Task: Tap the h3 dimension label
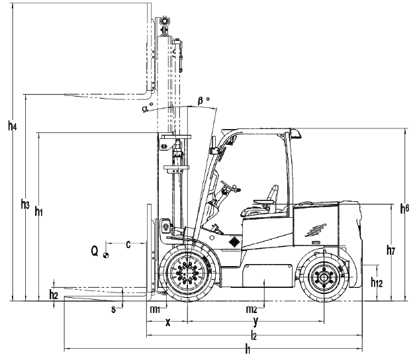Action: tap(26, 204)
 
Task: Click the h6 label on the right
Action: tap(404, 208)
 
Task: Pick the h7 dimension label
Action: tap(392, 251)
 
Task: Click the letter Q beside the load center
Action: tap(95, 251)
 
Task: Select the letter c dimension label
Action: tap(128, 244)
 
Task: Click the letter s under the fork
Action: tap(113, 308)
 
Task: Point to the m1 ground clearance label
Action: tap(154, 310)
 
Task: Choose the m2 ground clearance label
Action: tap(252, 310)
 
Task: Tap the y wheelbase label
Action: tap(256, 322)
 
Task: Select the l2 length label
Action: tap(254, 336)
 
